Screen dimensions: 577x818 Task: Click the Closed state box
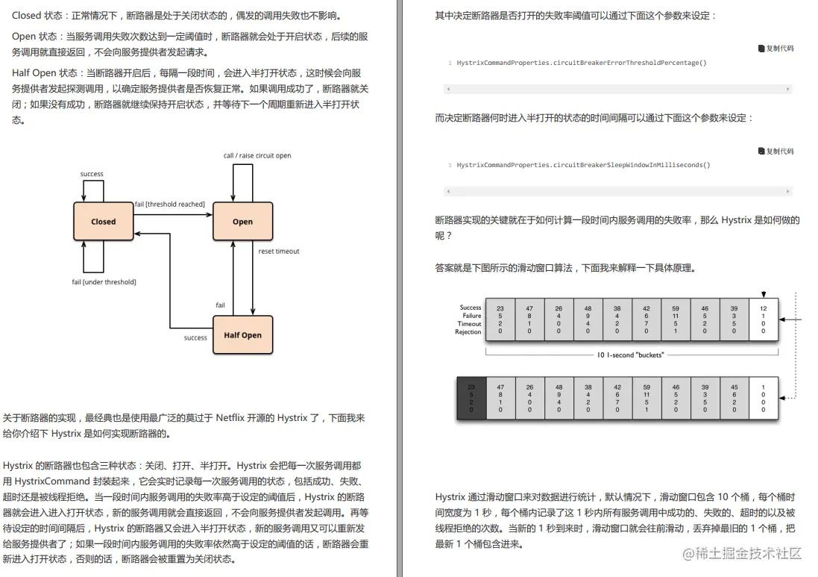click(x=104, y=221)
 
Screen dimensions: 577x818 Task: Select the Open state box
click(x=242, y=221)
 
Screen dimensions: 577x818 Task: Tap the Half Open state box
click(x=242, y=335)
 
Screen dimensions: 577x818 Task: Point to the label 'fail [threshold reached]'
click(x=169, y=205)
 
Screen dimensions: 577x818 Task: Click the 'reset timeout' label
click(x=279, y=252)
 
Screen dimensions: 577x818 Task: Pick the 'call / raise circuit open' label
click(x=257, y=156)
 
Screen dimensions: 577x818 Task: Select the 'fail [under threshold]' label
click(x=104, y=282)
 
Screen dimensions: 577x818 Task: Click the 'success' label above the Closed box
click(x=92, y=175)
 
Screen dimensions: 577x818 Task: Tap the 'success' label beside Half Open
click(x=195, y=338)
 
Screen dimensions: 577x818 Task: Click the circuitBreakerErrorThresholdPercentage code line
click(x=581, y=63)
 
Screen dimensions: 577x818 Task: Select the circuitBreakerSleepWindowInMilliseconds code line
click(x=583, y=165)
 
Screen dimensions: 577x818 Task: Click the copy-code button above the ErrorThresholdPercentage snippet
click(x=775, y=49)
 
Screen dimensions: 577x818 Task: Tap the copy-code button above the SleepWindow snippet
click(x=775, y=152)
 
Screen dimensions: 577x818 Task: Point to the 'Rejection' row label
click(x=468, y=332)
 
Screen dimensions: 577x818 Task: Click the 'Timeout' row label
click(x=470, y=324)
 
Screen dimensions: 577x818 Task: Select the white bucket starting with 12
click(x=763, y=320)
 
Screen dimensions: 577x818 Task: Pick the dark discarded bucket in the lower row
click(x=471, y=399)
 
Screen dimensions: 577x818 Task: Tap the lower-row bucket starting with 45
click(x=734, y=399)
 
